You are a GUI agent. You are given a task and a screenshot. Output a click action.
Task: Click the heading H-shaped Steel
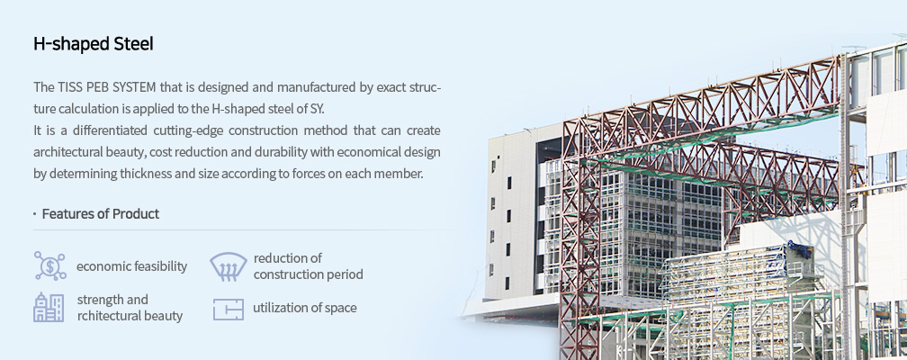[x=94, y=44]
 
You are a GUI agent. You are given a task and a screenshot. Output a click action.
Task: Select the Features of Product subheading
[x=101, y=213]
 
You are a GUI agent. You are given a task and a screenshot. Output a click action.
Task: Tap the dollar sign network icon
[x=49, y=266]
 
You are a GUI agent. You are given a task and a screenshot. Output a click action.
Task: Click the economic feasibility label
[x=132, y=266]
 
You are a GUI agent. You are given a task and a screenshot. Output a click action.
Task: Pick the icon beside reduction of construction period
[x=228, y=266]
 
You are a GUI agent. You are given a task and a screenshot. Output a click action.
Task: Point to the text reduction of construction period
[x=309, y=266]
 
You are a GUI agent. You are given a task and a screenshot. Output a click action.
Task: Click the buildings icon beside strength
[x=49, y=307]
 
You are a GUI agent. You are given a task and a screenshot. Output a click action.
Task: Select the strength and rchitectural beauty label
[x=130, y=307]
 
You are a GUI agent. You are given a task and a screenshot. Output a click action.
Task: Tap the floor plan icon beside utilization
[x=228, y=309]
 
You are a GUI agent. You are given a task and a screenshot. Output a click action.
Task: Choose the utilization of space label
[x=305, y=308]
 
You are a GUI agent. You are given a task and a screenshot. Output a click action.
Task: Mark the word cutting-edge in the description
[x=188, y=130]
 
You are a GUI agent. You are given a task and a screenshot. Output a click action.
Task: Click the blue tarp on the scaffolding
[x=800, y=250]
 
